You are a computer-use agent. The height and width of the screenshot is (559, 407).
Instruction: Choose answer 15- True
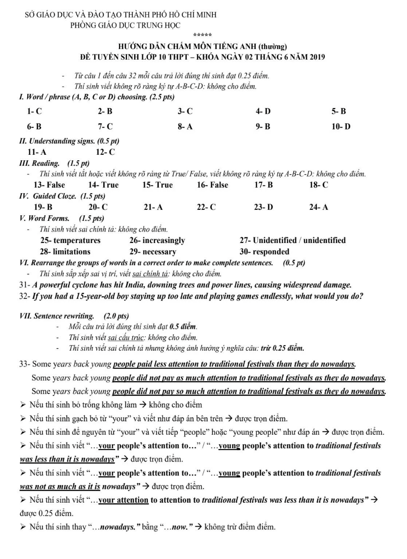pyautogui.click(x=158, y=185)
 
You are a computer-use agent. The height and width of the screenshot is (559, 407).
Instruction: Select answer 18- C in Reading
pyautogui.click(x=319, y=185)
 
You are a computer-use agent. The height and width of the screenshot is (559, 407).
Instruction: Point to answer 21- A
pyautogui.click(x=153, y=207)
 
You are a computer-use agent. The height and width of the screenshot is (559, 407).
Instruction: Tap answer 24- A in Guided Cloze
pyautogui.click(x=319, y=207)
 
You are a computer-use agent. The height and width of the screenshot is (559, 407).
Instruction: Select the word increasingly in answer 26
pyautogui.click(x=164, y=241)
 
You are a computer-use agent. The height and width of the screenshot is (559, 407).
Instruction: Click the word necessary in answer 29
pyautogui.click(x=159, y=252)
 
